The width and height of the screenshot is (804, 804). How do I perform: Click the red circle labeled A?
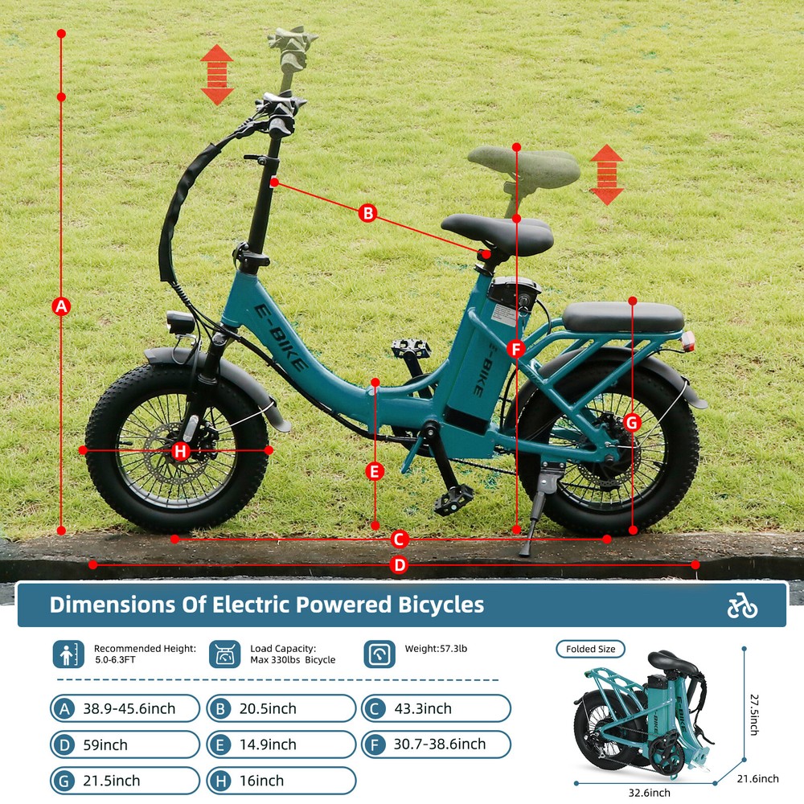coord(62,306)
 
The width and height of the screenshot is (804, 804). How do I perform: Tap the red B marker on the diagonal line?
coord(367,213)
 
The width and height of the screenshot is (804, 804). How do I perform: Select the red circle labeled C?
coord(400,539)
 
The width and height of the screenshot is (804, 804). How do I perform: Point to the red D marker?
coord(399,565)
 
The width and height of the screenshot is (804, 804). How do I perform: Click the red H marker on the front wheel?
coord(180,451)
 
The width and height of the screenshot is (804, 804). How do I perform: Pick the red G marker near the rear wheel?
coord(632,423)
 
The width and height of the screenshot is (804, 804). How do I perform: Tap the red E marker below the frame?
coord(375,471)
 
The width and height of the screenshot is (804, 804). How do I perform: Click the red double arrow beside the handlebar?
coord(217,75)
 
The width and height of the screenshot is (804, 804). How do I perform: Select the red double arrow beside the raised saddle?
coord(606,174)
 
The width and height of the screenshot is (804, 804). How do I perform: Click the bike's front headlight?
coord(180,322)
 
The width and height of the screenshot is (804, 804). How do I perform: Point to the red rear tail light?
coord(688,341)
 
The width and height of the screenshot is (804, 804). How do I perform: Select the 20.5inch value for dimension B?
coord(268,708)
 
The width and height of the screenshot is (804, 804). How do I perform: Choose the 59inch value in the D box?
coord(105,745)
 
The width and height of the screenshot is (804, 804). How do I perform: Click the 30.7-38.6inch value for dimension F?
coord(440,744)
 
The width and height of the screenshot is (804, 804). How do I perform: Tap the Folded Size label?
coord(591,649)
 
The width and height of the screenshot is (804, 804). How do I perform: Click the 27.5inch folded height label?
coord(754,714)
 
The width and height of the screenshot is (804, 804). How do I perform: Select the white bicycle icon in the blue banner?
coord(742,605)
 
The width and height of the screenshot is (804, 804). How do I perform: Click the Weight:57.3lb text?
coord(436,648)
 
